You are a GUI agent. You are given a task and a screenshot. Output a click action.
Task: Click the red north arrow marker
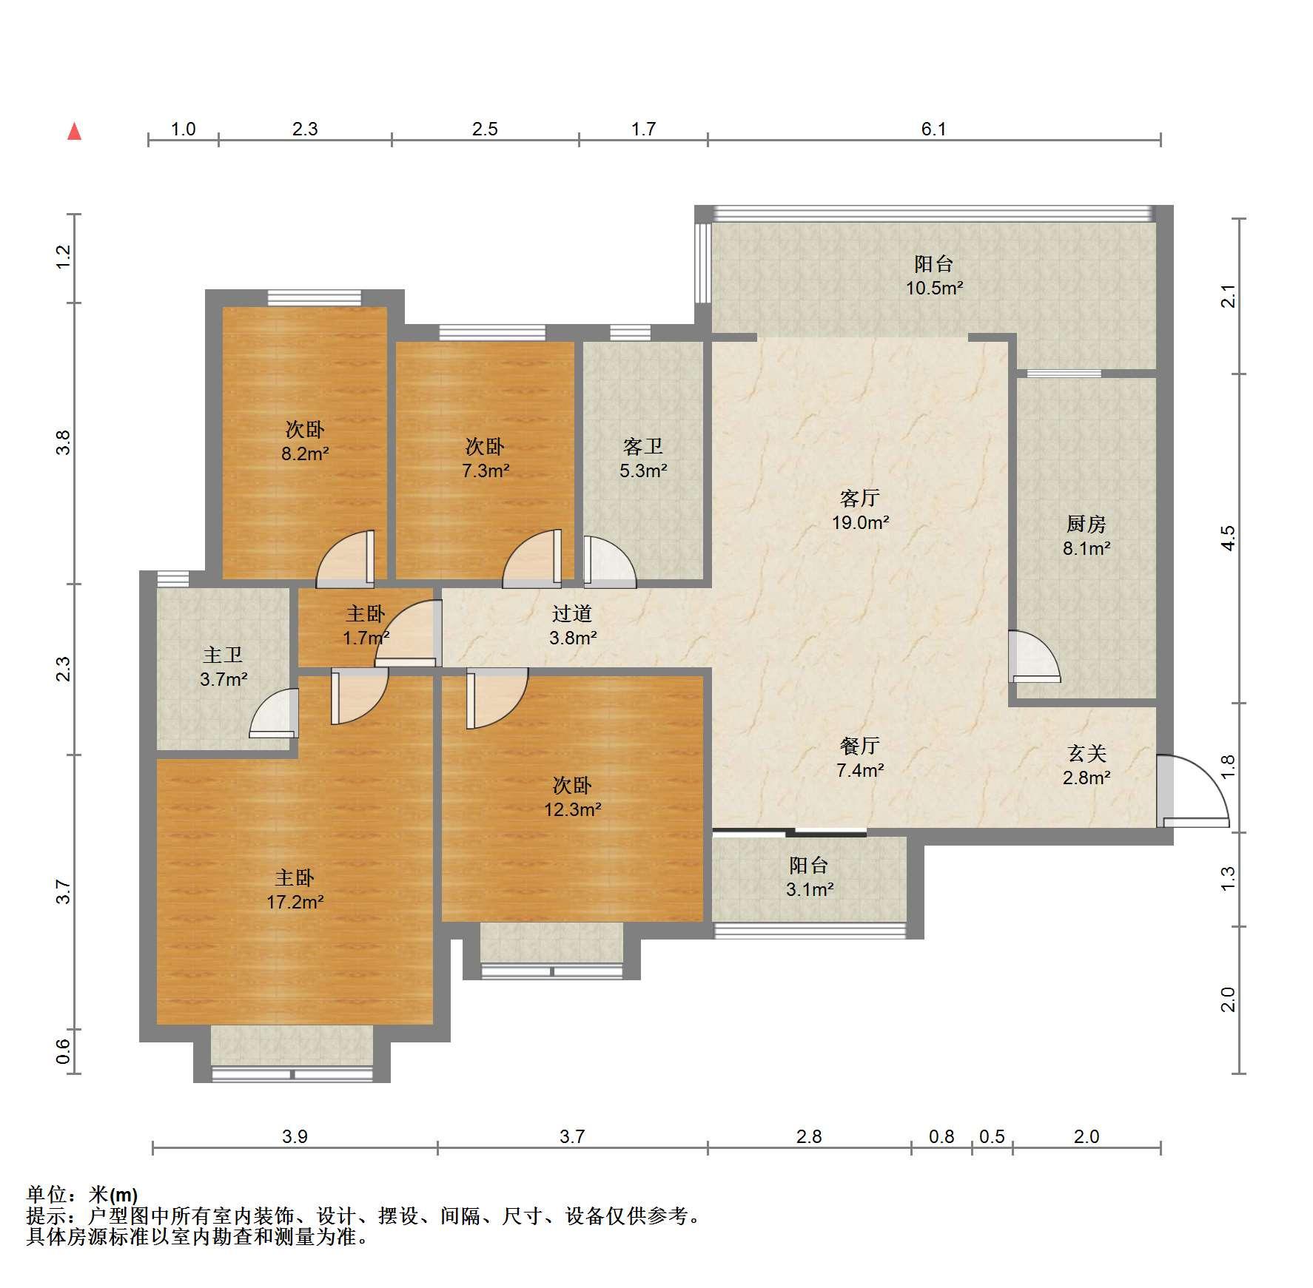click(75, 132)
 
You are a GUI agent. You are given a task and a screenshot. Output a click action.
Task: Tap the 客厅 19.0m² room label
click(860, 510)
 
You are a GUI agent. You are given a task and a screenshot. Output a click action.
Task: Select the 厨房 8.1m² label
click(1087, 536)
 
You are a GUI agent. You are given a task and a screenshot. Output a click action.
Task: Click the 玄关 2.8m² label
click(1087, 765)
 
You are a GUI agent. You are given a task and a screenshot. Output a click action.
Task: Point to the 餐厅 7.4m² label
click(860, 758)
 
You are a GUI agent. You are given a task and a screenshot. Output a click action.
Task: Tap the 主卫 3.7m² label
click(224, 667)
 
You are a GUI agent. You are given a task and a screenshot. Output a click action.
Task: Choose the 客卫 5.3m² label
click(643, 458)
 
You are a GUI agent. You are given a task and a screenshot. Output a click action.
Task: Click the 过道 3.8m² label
click(572, 625)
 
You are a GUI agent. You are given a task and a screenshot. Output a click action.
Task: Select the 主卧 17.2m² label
click(295, 889)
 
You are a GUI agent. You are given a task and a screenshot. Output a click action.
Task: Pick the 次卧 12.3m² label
click(572, 797)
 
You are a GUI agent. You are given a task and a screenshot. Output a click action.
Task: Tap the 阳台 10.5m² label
click(934, 275)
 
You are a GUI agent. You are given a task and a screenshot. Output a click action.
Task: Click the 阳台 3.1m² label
click(809, 877)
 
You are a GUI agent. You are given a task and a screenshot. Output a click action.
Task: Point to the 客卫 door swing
click(610, 562)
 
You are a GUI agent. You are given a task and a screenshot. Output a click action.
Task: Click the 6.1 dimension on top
click(934, 129)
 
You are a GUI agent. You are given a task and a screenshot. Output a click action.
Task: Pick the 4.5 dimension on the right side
click(1229, 538)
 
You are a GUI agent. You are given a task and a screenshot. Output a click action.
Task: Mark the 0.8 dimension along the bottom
click(941, 1136)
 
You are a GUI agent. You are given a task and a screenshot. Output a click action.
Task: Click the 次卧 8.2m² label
click(304, 441)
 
